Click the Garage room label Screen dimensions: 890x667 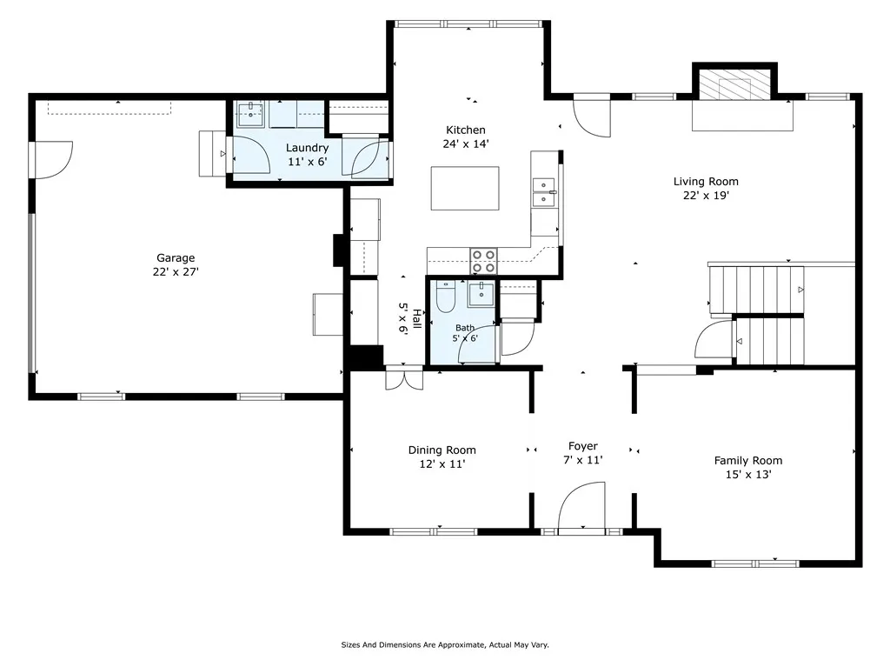pyautogui.click(x=176, y=258)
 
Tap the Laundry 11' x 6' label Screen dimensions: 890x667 pyautogui.click(x=307, y=155)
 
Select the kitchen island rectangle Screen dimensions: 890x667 pyautogui.click(x=465, y=188)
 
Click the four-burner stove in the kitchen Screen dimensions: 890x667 pyautogui.click(x=483, y=261)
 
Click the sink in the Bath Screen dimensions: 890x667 pyautogui.click(x=481, y=294)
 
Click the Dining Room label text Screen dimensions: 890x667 pyautogui.click(x=442, y=450)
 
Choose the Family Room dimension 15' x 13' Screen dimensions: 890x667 pyautogui.click(x=748, y=475)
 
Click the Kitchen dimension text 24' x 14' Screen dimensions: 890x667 pyautogui.click(x=466, y=143)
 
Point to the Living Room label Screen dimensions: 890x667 pyautogui.click(x=706, y=181)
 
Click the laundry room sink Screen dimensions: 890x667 pyautogui.click(x=250, y=115)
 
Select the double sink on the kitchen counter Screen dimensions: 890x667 pyautogui.click(x=544, y=192)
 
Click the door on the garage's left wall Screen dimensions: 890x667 pyautogui.click(x=52, y=160)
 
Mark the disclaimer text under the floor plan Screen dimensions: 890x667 pyautogui.click(x=445, y=645)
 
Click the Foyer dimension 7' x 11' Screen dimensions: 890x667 pyautogui.click(x=583, y=460)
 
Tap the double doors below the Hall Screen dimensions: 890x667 pyautogui.click(x=404, y=378)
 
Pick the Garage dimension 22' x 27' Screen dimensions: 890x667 pyautogui.click(x=176, y=271)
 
